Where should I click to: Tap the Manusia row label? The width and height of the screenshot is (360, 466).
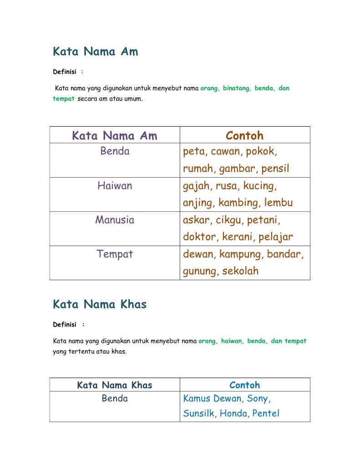[x=115, y=220]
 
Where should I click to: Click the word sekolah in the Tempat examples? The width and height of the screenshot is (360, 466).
[x=240, y=271]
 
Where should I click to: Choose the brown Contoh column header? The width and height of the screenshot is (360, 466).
[x=244, y=136]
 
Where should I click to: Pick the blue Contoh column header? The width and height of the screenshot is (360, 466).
[x=244, y=385]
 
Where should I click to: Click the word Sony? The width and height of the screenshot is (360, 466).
[x=259, y=399]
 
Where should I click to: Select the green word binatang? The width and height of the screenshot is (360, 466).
[x=237, y=88]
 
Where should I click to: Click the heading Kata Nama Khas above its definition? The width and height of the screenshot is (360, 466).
[x=100, y=304]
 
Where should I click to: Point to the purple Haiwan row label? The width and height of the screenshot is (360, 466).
[x=115, y=186]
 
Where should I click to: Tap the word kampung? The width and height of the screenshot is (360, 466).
[x=241, y=254]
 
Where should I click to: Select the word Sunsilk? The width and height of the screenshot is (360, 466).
[x=200, y=414]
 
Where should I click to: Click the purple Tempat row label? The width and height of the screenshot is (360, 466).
[x=115, y=254]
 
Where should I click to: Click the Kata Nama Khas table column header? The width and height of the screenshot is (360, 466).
[x=115, y=385]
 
